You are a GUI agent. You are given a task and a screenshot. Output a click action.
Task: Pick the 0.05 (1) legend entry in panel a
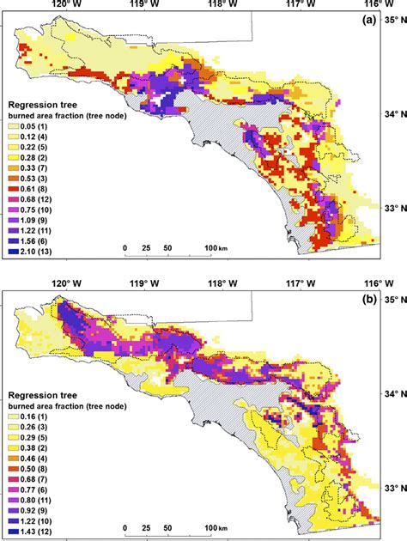(30, 126)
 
